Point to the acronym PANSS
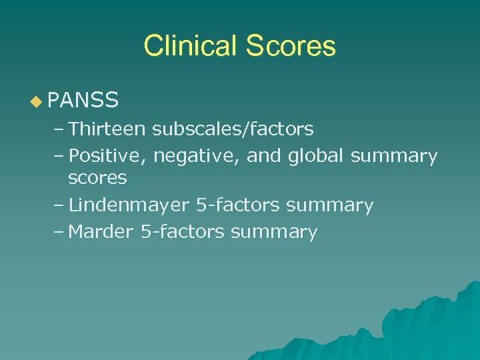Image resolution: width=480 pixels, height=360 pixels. click(83, 101)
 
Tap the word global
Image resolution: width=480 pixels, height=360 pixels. click(317, 156)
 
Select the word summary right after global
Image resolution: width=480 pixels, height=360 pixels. click(394, 157)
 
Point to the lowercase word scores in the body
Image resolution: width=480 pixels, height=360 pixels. click(97, 178)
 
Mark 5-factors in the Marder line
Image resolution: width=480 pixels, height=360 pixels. click(182, 232)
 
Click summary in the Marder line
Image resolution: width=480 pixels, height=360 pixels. click(273, 233)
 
